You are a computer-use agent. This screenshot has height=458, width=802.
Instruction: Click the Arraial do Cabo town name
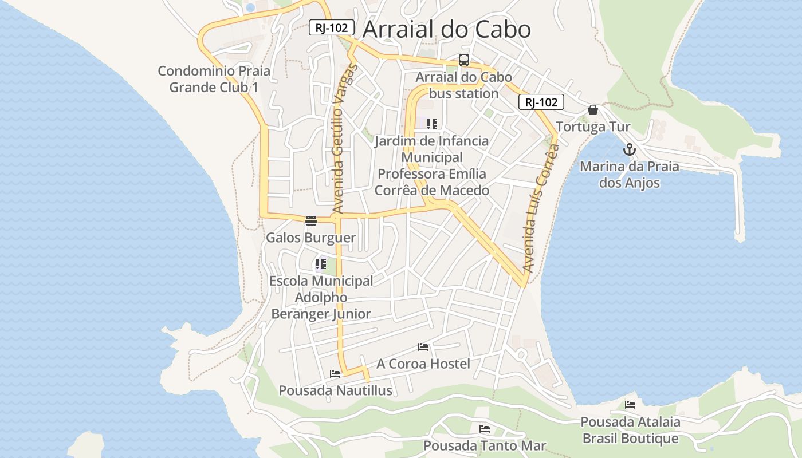pyautogui.click(x=447, y=29)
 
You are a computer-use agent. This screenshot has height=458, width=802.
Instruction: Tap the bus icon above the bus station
pyautogui.click(x=464, y=60)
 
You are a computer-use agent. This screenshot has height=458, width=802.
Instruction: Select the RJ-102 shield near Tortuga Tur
pyautogui.click(x=541, y=102)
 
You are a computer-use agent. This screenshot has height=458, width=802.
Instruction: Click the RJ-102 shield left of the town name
pyautogui.click(x=332, y=27)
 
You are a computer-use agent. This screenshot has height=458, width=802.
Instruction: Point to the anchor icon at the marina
pyautogui.click(x=630, y=150)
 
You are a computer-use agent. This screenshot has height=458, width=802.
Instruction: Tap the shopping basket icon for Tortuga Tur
pyautogui.click(x=593, y=110)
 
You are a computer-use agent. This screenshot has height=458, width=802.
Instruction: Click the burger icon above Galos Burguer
pyautogui.click(x=311, y=221)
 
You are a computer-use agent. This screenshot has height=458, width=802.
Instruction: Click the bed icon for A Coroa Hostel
pyautogui.click(x=423, y=347)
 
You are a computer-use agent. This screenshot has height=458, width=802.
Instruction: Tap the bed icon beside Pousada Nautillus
pyautogui.click(x=335, y=374)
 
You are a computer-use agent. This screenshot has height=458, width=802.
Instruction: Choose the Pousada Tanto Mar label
pyautogui.click(x=485, y=445)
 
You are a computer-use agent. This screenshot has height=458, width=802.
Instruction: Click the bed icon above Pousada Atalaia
pyautogui.click(x=630, y=405)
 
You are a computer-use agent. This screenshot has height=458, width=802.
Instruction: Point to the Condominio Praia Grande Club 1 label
pyautogui.click(x=214, y=79)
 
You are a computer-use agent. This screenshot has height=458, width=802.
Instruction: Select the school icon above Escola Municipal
pyautogui.click(x=320, y=264)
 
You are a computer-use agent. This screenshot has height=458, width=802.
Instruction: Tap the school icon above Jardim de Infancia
pyautogui.click(x=432, y=124)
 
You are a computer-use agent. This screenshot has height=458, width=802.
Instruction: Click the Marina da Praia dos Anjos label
pyautogui.click(x=630, y=175)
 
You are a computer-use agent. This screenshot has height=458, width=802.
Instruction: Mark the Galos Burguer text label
pyautogui.click(x=311, y=238)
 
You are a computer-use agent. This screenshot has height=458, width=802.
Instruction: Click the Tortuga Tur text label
pyautogui.click(x=593, y=127)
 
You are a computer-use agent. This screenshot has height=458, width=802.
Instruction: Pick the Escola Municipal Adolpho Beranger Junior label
pyautogui.click(x=321, y=297)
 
